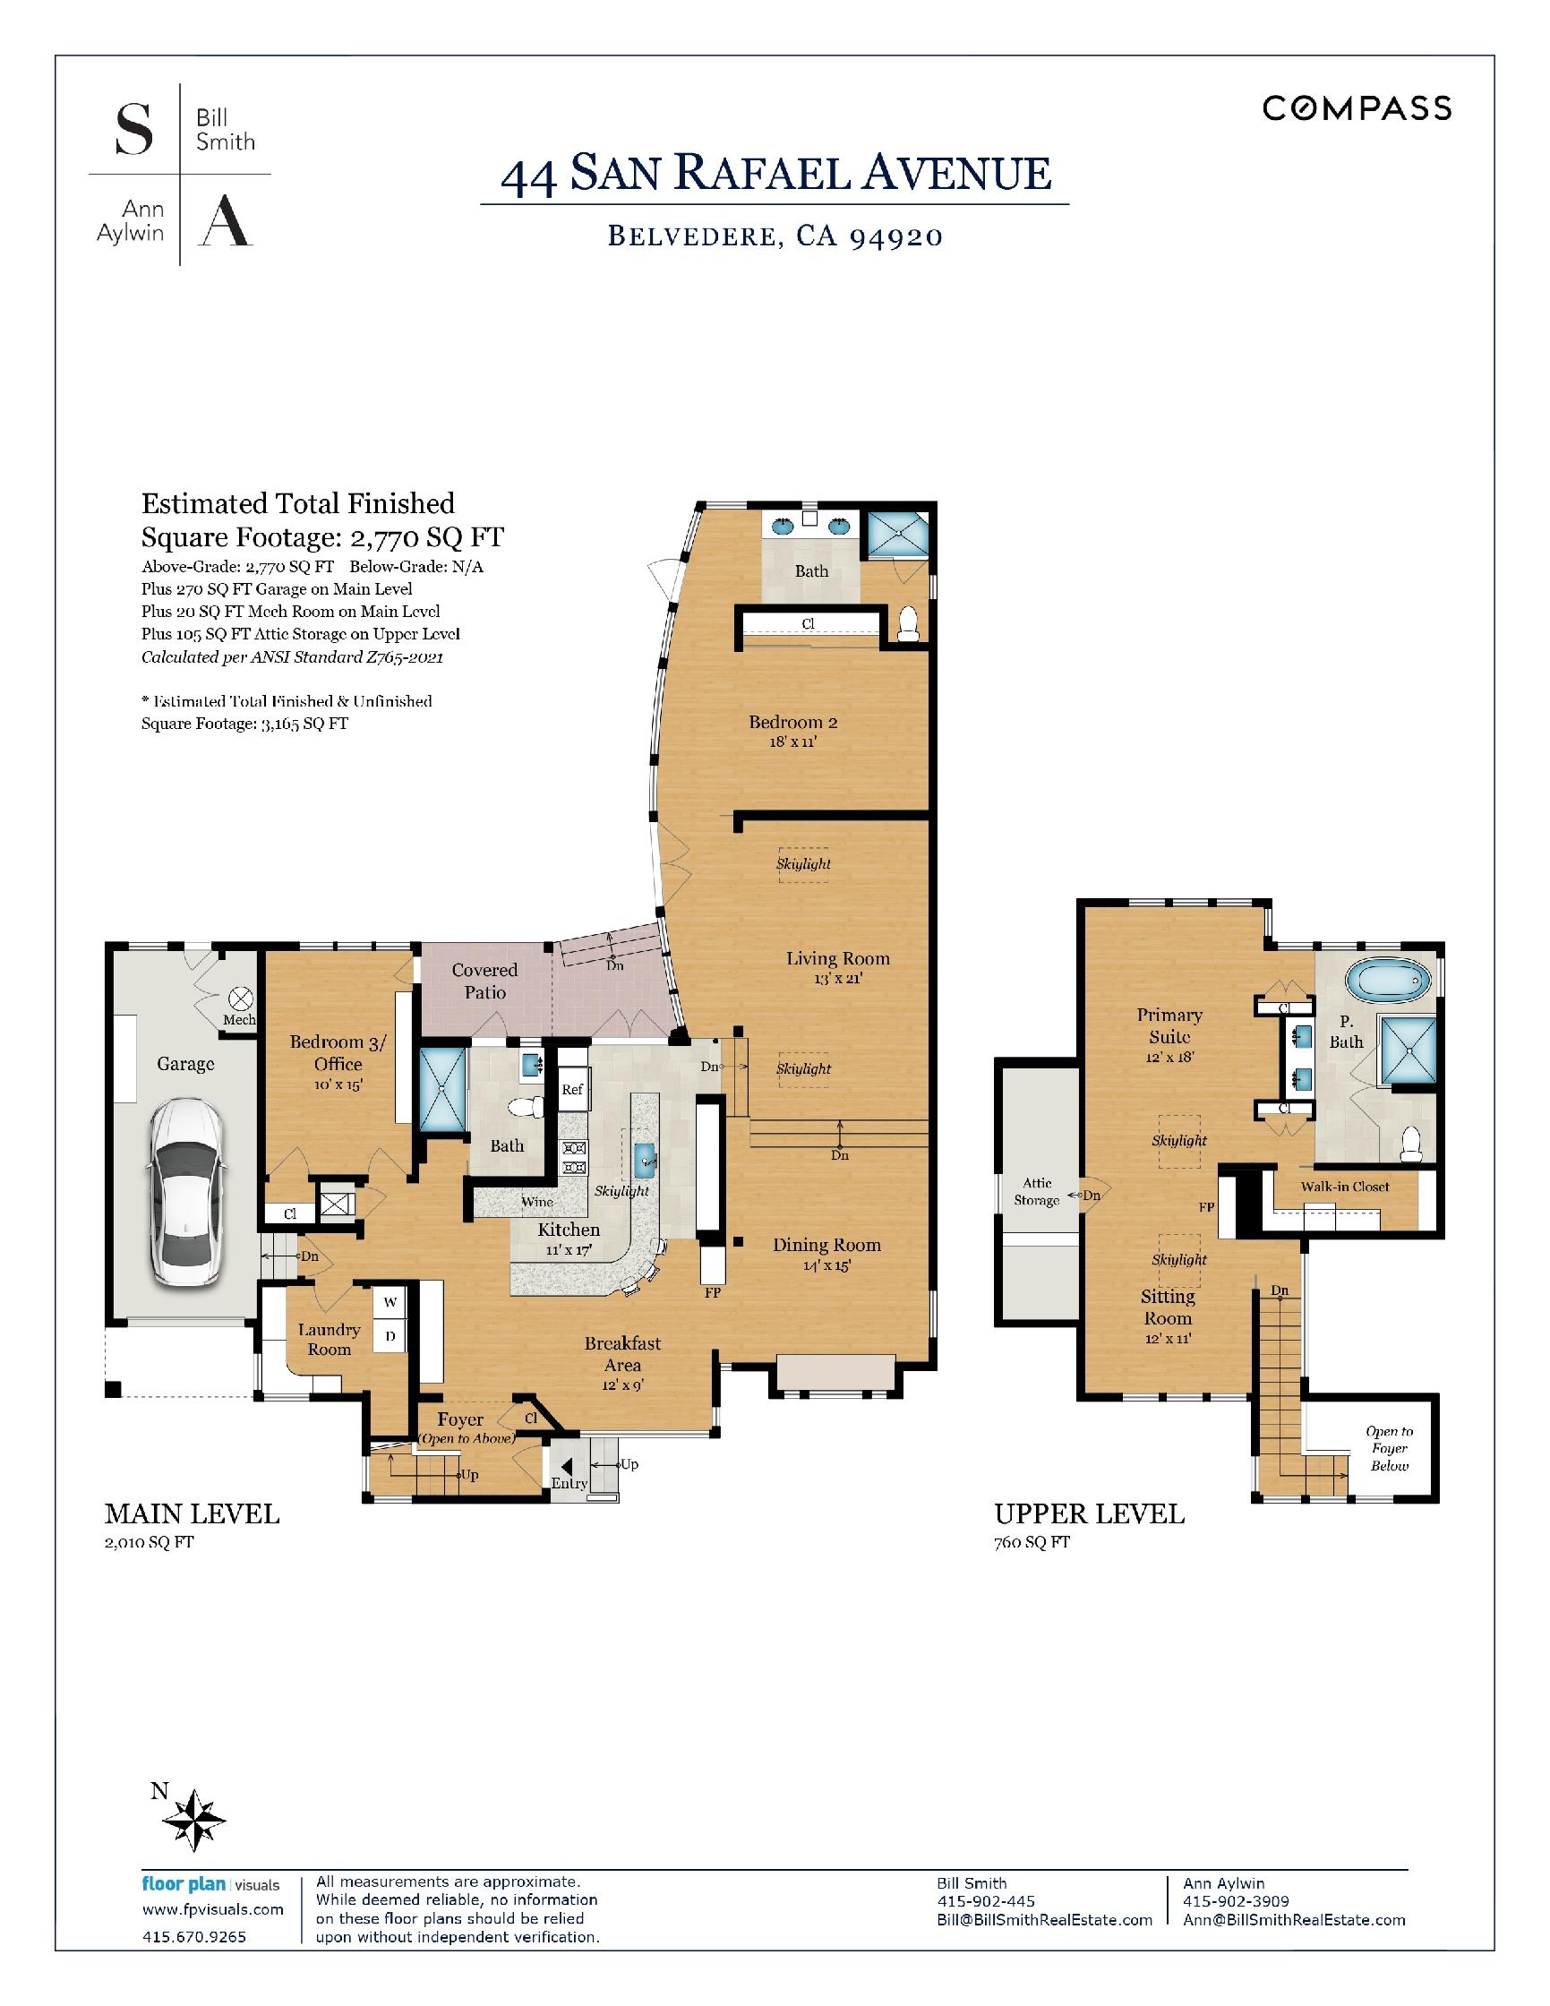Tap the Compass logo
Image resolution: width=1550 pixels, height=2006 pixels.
[1357, 108]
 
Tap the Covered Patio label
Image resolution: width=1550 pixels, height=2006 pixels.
[484, 981]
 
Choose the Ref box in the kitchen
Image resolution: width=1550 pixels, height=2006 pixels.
[572, 1090]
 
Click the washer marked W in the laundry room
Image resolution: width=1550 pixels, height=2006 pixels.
[390, 1301]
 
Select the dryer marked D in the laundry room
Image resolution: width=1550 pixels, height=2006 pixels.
[390, 1336]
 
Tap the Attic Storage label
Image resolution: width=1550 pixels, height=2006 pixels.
[1037, 1191]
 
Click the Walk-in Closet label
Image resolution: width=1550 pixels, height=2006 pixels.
[1344, 1187]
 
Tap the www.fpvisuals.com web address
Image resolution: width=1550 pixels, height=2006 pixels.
[213, 1908]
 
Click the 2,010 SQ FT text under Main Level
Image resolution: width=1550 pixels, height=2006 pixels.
[149, 1542]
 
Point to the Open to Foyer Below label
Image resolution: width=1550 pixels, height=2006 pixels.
[1390, 1448]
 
